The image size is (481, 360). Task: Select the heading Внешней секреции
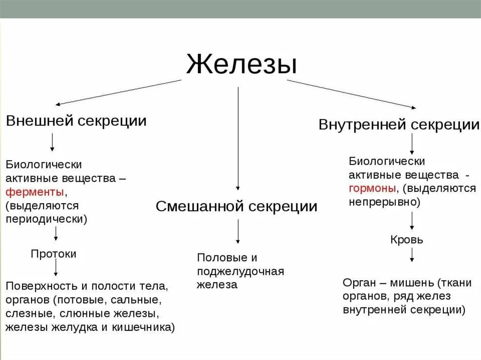point(76,121)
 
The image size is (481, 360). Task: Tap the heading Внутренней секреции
point(399,125)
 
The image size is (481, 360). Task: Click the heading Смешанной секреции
point(236,207)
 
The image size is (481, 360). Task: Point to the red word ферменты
point(35,192)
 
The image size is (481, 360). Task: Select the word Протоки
point(54,254)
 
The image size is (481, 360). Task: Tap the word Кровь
point(407,240)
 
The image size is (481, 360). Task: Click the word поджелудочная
point(240,271)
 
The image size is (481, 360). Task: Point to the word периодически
point(46,219)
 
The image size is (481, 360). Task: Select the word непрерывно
point(382,202)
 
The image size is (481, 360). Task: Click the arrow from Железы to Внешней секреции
point(117,92)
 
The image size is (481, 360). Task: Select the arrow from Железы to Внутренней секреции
point(351,94)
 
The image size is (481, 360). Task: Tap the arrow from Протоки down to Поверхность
point(56,268)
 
